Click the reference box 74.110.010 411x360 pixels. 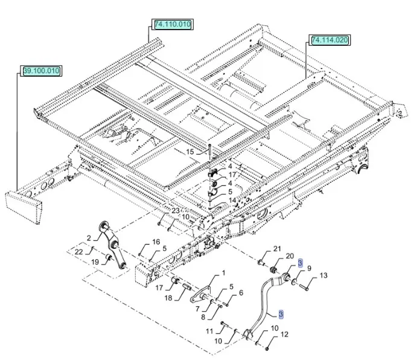coord(173,25)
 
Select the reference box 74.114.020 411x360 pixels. coord(330,40)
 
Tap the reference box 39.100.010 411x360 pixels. coord(42,71)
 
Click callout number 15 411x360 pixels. coord(190,152)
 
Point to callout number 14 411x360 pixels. coord(232,200)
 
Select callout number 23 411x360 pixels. coord(176,211)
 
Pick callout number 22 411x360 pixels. coord(79,251)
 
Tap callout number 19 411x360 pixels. coord(95,262)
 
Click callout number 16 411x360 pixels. coord(156,242)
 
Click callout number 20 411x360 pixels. coord(290,256)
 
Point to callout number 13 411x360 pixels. coord(323,275)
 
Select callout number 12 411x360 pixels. coord(285,334)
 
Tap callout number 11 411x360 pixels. coord(209,331)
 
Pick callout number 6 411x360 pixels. coord(241,293)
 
